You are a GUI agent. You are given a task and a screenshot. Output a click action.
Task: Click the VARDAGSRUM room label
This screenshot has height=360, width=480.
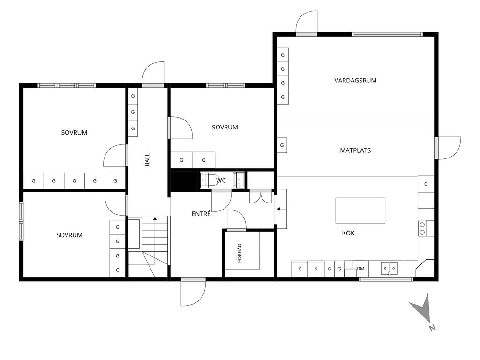[355, 81]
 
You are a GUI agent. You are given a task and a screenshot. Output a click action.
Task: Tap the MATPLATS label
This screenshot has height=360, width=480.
[355, 150]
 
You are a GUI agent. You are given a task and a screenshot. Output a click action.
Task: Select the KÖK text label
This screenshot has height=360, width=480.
[348, 233]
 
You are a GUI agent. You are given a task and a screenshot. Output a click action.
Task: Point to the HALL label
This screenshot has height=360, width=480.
[147, 160]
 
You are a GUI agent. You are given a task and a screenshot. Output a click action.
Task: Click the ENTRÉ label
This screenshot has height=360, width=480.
[201, 214]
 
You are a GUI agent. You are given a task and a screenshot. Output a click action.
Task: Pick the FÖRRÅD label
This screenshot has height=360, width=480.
[240, 253]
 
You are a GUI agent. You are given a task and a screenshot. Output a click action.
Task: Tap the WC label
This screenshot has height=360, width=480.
[221, 180]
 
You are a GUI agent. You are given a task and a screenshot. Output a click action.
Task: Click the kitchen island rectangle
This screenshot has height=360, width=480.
[360, 210]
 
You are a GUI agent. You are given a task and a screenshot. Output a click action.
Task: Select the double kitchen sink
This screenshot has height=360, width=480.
[390, 268]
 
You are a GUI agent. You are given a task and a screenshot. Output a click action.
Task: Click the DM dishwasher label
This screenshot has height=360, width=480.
[360, 269]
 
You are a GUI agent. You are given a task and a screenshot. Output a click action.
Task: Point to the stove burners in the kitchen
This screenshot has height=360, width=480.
[422, 228]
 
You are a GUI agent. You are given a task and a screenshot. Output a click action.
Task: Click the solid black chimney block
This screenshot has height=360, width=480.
[184, 180]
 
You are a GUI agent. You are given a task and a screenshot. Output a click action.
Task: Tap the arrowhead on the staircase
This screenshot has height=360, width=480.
[155, 218]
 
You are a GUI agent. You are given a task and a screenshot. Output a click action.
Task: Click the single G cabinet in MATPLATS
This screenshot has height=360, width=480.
[282, 145]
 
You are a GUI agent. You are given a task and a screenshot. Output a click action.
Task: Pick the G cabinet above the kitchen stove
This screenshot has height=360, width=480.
[426, 184]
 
